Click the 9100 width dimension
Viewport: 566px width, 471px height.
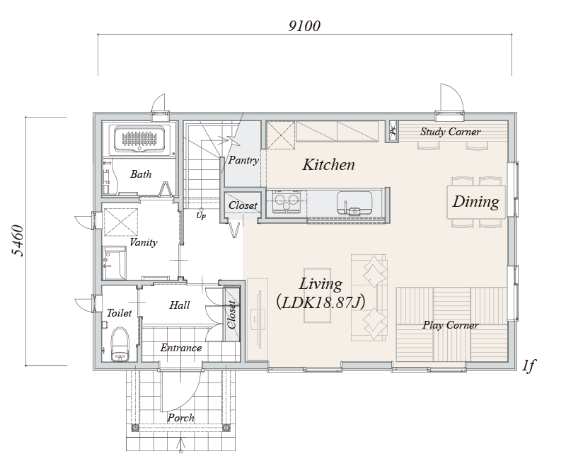(x=304, y=26)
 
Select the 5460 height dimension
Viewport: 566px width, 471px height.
(x=17, y=241)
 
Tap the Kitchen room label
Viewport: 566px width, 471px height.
(x=328, y=165)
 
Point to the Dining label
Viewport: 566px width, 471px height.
(x=476, y=202)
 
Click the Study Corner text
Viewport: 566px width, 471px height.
(x=450, y=132)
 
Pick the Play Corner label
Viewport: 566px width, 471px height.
(x=451, y=325)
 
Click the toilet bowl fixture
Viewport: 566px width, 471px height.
(x=120, y=344)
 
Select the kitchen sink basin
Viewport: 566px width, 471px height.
(x=354, y=203)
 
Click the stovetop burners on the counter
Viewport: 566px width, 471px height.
(x=287, y=201)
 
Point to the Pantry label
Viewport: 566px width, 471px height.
(x=243, y=160)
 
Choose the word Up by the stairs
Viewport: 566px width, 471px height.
(x=201, y=216)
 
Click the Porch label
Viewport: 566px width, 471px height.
(x=181, y=418)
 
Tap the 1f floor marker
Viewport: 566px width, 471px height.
(x=529, y=365)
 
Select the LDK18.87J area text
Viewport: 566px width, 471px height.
(x=320, y=302)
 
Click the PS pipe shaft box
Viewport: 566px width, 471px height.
(x=393, y=130)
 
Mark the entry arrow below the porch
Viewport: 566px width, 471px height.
(x=181, y=445)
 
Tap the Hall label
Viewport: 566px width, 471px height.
(x=180, y=305)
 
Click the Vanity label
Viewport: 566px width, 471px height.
(x=144, y=242)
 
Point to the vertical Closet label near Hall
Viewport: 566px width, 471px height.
(x=232, y=314)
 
